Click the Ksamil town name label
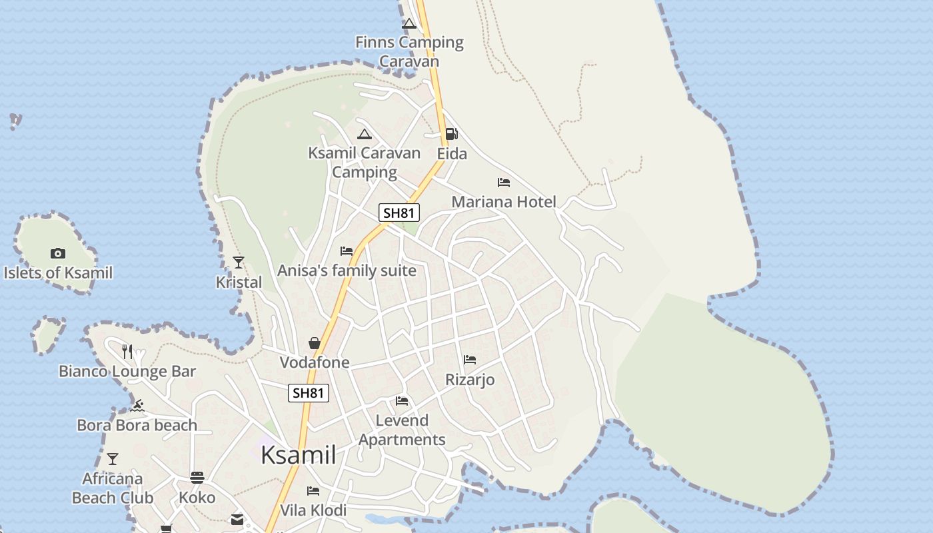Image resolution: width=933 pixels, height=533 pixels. [298, 455]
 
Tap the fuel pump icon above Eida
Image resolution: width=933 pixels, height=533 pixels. [451, 134]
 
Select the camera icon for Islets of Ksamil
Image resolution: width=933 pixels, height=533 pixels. [58, 253]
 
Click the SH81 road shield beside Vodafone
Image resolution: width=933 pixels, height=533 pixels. [309, 393]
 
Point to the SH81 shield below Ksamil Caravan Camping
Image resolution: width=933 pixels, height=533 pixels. [399, 213]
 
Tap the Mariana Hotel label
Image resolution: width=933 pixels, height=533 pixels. [503, 202]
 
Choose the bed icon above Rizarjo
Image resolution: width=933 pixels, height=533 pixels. [470, 360]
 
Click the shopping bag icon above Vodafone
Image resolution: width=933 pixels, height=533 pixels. [315, 343]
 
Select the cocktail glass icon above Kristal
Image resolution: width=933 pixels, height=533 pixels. [239, 263]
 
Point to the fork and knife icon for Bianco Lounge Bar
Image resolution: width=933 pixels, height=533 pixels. [127, 351]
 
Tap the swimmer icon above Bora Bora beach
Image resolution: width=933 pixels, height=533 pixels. [137, 406]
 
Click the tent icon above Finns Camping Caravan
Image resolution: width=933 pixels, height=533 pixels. [409, 24]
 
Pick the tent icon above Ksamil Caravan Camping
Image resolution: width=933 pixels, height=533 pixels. [364, 134]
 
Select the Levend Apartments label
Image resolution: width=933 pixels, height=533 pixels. [402, 430]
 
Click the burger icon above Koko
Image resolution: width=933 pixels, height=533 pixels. [197, 477]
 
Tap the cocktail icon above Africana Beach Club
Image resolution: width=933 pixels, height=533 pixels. [113, 459]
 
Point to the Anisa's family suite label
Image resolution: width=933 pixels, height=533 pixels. [347, 270]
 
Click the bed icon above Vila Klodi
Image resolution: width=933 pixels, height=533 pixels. [313, 491]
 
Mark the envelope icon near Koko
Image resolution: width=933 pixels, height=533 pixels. [237, 520]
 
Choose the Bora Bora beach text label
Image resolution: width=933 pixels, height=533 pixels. [137, 425]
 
